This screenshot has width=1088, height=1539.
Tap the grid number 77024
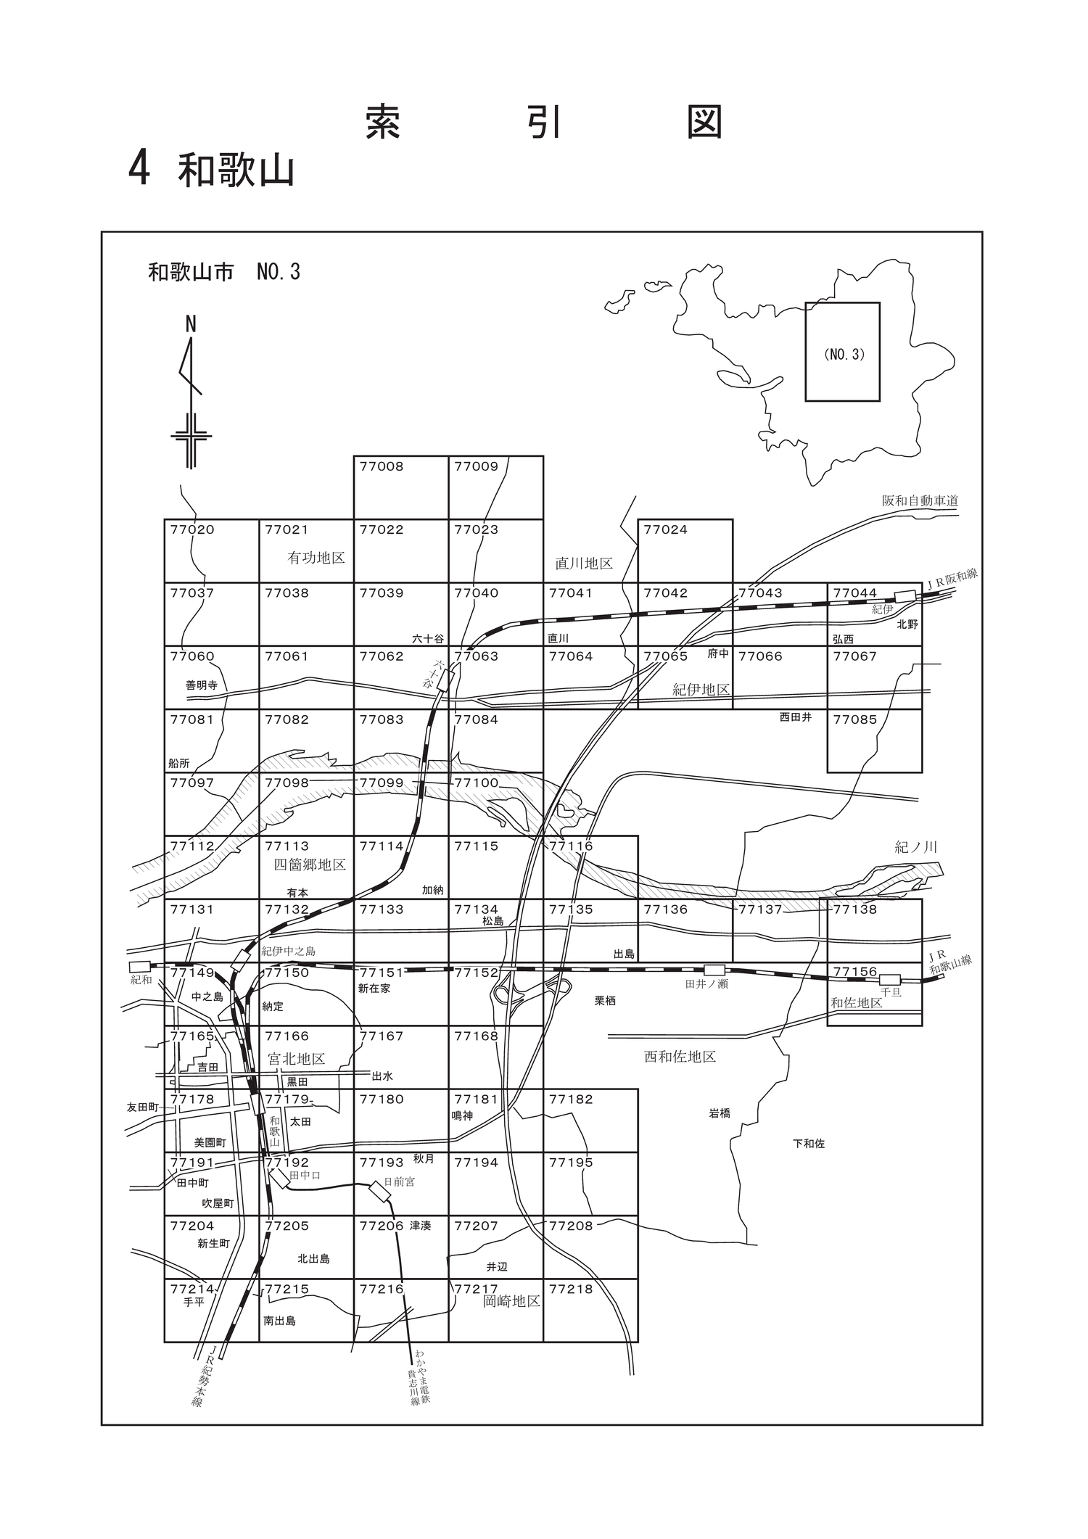pyautogui.click(x=665, y=529)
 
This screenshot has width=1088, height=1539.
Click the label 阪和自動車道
pyautogui.click(x=920, y=501)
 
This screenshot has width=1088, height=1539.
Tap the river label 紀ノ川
pyautogui.click(x=916, y=847)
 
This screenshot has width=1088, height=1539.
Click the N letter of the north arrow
pyautogui.click(x=191, y=324)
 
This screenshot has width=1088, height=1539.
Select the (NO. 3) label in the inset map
pyautogui.click(x=844, y=355)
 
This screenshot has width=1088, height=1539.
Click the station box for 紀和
pyautogui.click(x=139, y=967)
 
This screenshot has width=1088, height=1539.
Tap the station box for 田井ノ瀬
pyautogui.click(x=715, y=970)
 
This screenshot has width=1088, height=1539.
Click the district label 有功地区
pyautogui.click(x=316, y=558)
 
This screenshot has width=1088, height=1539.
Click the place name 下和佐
pyautogui.click(x=809, y=1144)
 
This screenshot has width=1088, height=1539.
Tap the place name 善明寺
pyautogui.click(x=202, y=685)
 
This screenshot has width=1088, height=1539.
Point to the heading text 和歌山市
pyautogui.click(x=191, y=272)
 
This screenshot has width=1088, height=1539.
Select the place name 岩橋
pyautogui.click(x=720, y=1113)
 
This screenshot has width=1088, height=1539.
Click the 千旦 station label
pyautogui.click(x=891, y=992)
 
